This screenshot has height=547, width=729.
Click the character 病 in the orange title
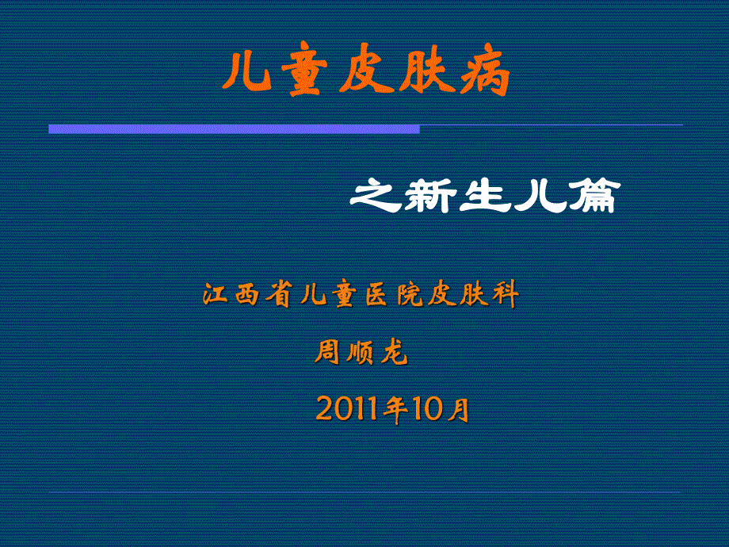click(x=482, y=73)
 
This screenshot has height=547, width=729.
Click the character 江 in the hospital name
click(x=217, y=296)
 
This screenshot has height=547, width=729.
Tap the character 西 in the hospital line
click(x=253, y=296)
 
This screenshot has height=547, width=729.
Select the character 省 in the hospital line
click(x=288, y=296)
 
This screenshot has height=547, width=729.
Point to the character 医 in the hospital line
click(x=395, y=296)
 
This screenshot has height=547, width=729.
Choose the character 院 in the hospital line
click(x=429, y=296)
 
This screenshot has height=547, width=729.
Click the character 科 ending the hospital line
click(x=502, y=296)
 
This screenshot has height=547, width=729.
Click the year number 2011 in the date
click(x=348, y=408)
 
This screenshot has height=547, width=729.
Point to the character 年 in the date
click(x=395, y=408)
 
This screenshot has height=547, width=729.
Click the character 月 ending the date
click(x=458, y=408)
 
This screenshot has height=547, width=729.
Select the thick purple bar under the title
click(x=234, y=128)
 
